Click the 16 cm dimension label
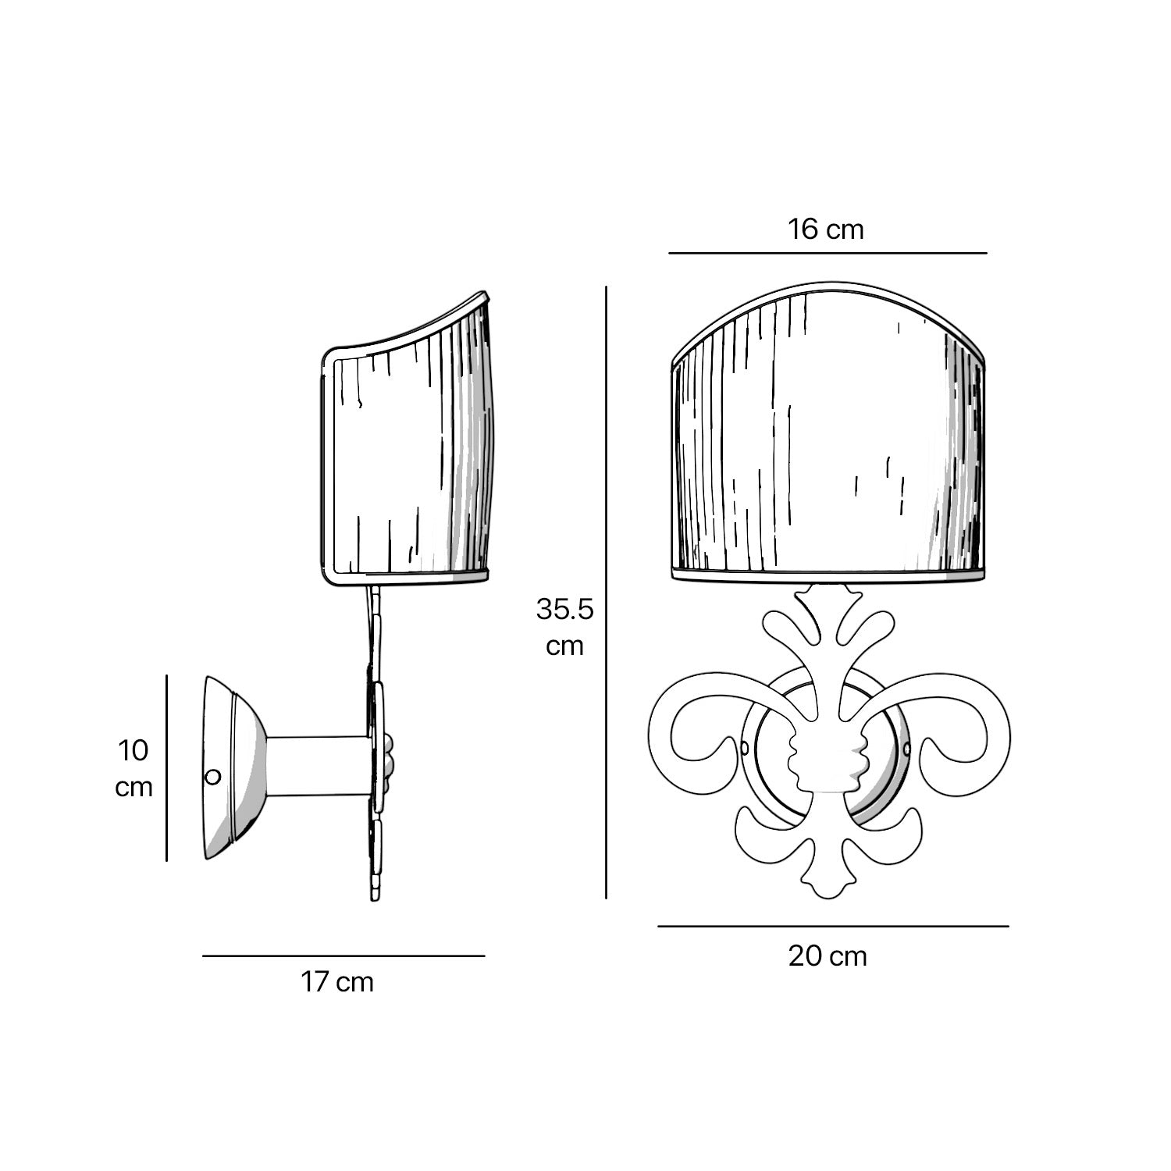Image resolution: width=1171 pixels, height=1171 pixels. [x=825, y=230]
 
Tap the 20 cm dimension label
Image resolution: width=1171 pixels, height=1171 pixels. [x=828, y=956]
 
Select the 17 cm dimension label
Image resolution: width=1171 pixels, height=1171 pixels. [x=337, y=982]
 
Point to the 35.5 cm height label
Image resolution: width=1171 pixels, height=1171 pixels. [x=564, y=627]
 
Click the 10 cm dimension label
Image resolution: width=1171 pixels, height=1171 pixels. [x=133, y=768]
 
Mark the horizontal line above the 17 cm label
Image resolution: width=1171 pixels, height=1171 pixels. [x=343, y=956]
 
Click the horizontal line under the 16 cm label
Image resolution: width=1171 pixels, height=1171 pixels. [x=828, y=253]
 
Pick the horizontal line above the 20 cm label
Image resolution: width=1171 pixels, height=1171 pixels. [x=833, y=927]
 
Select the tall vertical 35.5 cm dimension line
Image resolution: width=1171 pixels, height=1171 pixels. [x=606, y=593]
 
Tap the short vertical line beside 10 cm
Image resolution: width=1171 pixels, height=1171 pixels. [x=167, y=768]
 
